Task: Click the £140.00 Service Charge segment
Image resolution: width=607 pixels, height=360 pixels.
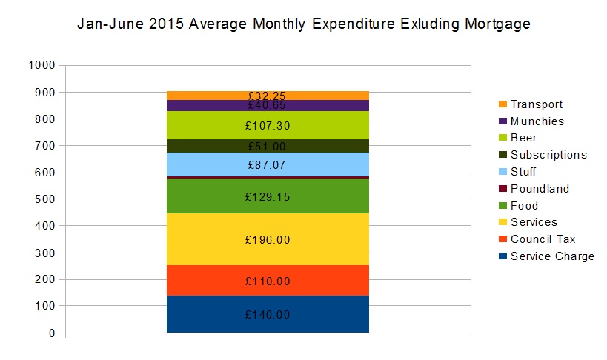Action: pyautogui.click(x=268, y=314)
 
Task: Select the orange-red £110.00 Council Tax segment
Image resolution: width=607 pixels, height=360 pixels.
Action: pyautogui.click(x=268, y=281)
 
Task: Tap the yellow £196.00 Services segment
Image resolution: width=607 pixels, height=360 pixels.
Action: pyautogui.click(x=268, y=239)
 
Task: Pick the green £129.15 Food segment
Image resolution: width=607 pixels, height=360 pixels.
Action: pyautogui.click(x=268, y=196)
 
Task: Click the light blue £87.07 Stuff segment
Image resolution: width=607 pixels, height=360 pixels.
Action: pyautogui.click(x=268, y=163)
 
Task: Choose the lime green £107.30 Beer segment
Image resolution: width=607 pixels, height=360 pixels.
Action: pyautogui.click(x=268, y=126)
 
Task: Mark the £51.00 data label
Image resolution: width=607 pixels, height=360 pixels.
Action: pyautogui.click(x=268, y=147)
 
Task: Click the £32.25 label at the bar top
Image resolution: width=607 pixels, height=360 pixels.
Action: pyautogui.click(x=268, y=96)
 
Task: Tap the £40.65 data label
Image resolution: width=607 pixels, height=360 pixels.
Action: pyautogui.click(x=268, y=106)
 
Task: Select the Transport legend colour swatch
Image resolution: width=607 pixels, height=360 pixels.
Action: pyautogui.click(x=502, y=104)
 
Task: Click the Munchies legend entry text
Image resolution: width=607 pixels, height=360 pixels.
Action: pyautogui.click(x=537, y=121)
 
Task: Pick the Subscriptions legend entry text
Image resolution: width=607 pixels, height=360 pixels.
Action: pyautogui.click(x=548, y=155)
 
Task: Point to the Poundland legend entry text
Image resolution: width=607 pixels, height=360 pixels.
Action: pyautogui.click(x=540, y=189)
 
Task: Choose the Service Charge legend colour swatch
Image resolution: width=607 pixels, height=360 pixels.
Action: pyautogui.click(x=502, y=256)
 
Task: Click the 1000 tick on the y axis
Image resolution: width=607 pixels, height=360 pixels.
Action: pyautogui.click(x=42, y=65)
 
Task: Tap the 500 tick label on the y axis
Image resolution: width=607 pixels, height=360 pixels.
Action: pyautogui.click(x=45, y=199)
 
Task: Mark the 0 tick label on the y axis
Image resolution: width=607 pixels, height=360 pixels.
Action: pyautogui.click(x=52, y=333)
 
